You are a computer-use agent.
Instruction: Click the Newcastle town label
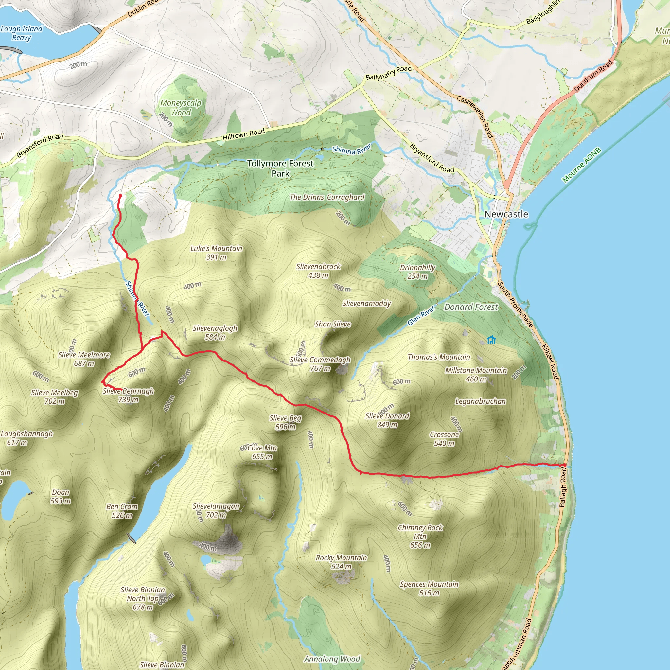pos(506,214)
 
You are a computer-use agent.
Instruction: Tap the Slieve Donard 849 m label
pos(387,420)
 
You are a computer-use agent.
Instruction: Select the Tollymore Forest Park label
pos(280,168)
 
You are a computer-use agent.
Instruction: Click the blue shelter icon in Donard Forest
pos(491,340)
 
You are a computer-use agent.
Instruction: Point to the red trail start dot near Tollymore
pos(120,196)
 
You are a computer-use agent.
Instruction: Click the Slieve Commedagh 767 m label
pos(320,364)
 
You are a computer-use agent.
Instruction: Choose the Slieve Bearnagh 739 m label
pos(128,395)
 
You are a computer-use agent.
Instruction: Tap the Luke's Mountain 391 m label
pos(216,253)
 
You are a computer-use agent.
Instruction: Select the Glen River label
pos(421,316)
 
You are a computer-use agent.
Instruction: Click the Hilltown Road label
pos(243,134)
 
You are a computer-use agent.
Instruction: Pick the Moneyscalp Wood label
pos(180,108)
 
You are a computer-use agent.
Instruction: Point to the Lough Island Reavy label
pos(22,33)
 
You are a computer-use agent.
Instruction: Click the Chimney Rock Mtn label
pos(420,536)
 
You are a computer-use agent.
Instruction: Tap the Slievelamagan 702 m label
pos(216,510)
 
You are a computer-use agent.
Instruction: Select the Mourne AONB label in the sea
pos(581,165)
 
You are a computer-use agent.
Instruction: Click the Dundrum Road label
pos(593,76)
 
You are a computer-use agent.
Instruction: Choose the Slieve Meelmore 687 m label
pos(84,359)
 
